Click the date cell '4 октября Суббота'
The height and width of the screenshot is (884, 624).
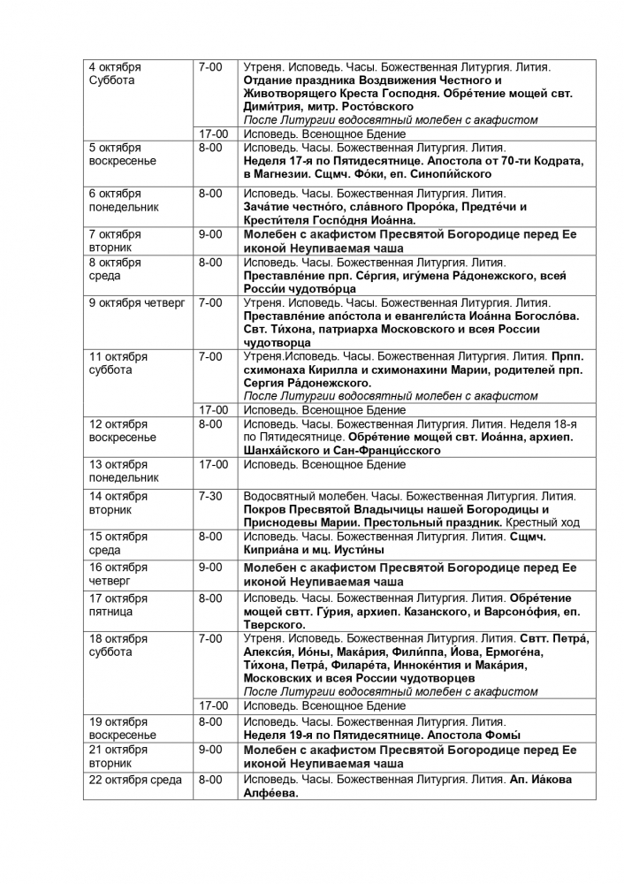click(115, 73)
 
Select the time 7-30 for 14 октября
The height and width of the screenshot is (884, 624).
click(210, 496)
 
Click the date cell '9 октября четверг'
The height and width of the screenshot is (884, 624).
click(136, 302)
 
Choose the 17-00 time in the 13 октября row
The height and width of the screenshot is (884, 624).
click(213, 463)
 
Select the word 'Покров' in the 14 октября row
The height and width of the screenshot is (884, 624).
click(264, 509)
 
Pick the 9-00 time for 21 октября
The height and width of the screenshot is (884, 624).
click(210, 749)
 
